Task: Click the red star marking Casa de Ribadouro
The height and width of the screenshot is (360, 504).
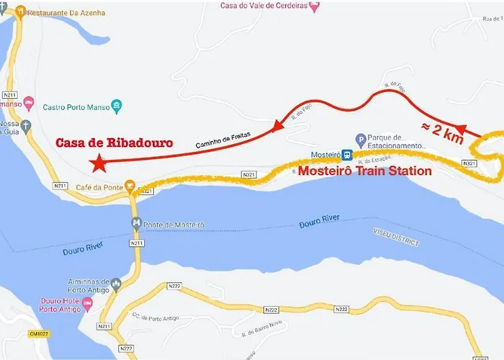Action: tap(99, 163)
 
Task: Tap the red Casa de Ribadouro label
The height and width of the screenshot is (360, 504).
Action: tap(114, 143)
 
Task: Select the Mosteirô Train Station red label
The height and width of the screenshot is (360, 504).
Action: tap(365, 171)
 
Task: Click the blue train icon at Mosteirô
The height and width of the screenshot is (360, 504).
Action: tap(347, 155)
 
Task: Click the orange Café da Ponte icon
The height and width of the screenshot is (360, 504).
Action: tap(130, 186)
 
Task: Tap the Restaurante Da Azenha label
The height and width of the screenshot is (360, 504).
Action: tap(63, 13)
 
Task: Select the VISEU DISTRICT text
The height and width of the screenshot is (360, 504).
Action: tap(396, 237)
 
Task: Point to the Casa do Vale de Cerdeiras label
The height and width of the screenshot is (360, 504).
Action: tap(269, 6)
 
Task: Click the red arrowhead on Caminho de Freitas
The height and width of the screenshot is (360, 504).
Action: tap(276, 127)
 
